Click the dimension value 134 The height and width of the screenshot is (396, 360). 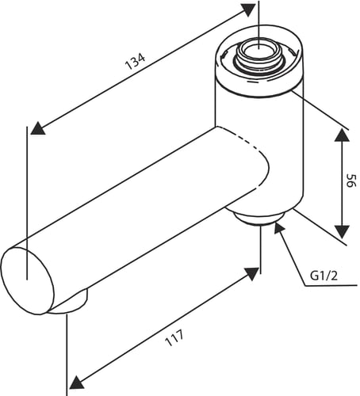(135, 61)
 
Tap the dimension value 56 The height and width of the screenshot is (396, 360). (351, 181)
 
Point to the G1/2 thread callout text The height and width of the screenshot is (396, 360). (324, 276)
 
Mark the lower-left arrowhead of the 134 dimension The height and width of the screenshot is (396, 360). (37, 128)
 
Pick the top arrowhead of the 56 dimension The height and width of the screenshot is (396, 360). (342, 135)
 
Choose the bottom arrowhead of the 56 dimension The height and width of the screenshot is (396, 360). (342, 232)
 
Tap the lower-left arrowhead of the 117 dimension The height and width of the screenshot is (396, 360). (77, 383)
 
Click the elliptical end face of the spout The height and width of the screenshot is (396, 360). (28, 280)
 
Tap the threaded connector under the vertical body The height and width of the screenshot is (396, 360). (260, 219)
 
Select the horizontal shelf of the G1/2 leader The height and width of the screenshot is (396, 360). (331, 285)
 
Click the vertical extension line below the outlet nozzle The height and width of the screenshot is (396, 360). (67, 355)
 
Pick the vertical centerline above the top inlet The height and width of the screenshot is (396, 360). (259, 25)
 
